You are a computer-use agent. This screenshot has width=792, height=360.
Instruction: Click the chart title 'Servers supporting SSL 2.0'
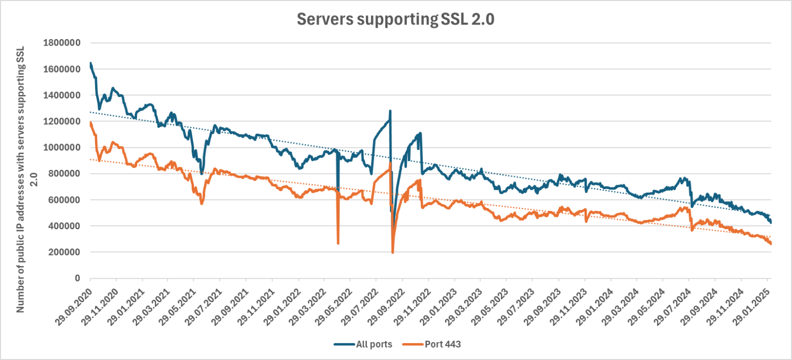click(396, 19)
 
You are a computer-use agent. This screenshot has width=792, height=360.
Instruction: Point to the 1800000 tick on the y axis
click(62, 43)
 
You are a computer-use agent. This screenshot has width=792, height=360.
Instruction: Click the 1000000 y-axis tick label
click(62, 148)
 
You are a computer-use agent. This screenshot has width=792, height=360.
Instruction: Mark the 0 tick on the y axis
click(77, 278)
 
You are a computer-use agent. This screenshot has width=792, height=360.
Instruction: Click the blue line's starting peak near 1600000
click(91, 63)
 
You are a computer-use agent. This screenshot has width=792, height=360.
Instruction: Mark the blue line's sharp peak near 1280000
click(390, 111)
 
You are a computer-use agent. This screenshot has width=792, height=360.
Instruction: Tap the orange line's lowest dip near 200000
click(393, 252)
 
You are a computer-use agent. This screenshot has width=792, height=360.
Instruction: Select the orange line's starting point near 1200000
click(91, 122)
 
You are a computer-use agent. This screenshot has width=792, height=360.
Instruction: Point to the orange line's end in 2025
click(771, 243)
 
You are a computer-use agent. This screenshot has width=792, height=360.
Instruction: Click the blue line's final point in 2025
click(771, 222)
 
